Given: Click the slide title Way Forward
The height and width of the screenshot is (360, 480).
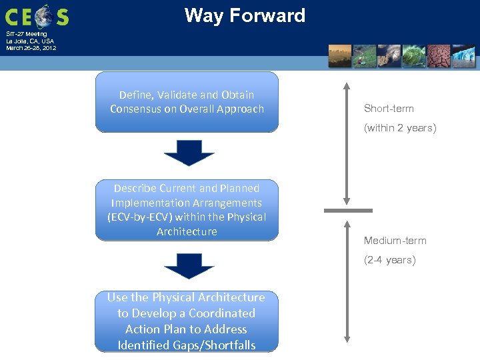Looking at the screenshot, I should [245, 15].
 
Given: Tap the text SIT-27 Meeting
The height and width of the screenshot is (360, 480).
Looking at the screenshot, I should [27, 33].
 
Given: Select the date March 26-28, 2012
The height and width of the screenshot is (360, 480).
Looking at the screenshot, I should [31, 48].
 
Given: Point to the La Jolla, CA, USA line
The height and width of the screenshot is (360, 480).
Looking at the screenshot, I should [30, 41].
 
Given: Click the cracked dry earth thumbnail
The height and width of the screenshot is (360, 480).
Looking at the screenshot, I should [439, 56].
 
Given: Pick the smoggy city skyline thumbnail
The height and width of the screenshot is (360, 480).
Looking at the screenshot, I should [340, 56].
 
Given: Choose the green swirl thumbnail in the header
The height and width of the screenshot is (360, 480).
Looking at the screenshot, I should [414, 56].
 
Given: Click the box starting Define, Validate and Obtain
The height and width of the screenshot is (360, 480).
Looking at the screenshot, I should [187, 102].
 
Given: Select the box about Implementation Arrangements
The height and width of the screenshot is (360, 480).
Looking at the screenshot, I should [187, 209].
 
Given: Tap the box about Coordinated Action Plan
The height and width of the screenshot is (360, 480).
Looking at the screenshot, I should [187, 321].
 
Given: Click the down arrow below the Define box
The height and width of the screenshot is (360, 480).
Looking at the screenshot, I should [189, 153].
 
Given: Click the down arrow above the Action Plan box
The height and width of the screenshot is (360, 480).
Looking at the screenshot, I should [189, 266].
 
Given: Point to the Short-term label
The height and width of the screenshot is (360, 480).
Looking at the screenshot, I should [389, 109].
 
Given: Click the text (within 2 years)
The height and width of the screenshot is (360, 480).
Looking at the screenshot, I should [400, 128].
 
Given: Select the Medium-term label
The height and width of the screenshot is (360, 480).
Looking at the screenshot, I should [395, 241].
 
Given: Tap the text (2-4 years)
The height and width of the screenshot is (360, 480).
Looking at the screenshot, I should [389, 260].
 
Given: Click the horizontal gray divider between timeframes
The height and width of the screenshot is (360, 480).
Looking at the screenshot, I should [348, 211].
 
